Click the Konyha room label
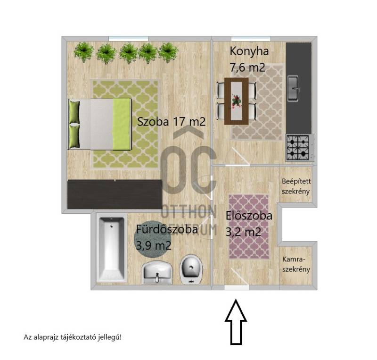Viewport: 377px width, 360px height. pos(249,51)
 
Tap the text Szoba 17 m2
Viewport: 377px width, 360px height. pos(171,122)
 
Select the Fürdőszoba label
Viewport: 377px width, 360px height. pos(167,229)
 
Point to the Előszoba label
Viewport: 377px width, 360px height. pos(249,216)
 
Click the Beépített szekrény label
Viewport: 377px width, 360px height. pos(296,186)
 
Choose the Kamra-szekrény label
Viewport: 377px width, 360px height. pos(296,264)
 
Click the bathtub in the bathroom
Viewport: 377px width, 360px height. pos(112,249)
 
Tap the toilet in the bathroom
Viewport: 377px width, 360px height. pos(191,269)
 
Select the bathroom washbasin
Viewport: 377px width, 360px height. pos(157,272)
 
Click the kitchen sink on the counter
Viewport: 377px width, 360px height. pos(293,88)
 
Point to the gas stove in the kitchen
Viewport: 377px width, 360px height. pos(300,147)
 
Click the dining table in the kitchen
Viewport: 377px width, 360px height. pos(237,101)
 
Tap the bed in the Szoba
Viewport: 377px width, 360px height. pos(100,124)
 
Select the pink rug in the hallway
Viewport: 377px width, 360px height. pos(249,227)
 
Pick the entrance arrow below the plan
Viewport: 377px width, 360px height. pos(236,322)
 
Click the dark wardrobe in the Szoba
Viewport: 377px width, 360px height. pos(115,194)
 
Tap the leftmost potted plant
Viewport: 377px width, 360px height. pos(83,52)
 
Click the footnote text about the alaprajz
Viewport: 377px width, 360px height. pos(73,337)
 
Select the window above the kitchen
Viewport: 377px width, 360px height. pos(251,39)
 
